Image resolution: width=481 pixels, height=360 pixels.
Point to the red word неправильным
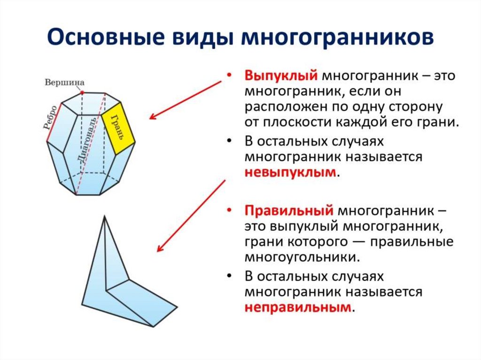pos(297,307)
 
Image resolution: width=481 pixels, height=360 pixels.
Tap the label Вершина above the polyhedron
pos(64,83)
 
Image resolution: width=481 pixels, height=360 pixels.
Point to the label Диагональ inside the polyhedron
pos(88,140)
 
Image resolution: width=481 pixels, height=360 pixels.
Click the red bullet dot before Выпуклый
pos(229,76)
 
